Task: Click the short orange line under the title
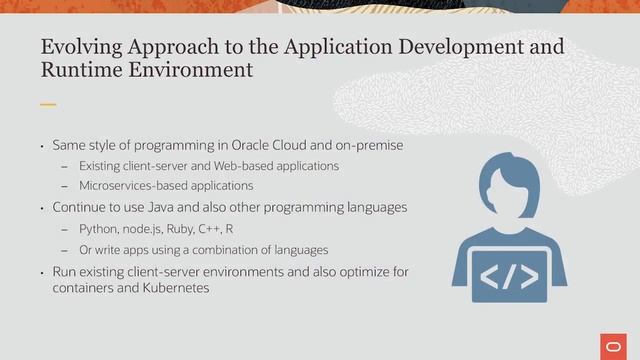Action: (48, 104)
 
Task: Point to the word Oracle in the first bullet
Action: (266, 145)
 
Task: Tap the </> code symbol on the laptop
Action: (503, 275)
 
